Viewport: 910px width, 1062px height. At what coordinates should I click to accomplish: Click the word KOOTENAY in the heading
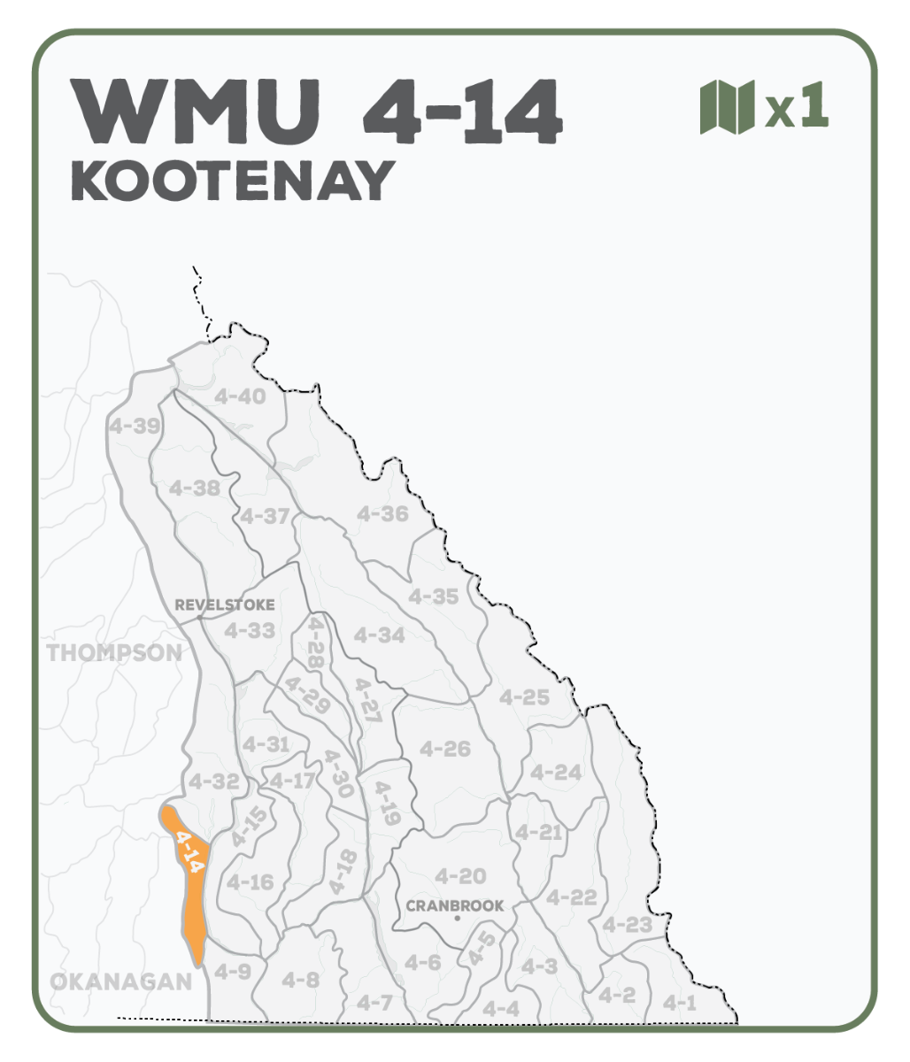(232, 181)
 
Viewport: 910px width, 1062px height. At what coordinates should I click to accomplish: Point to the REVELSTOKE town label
(225, 605)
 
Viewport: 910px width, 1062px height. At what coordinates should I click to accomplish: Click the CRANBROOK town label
(455, 905)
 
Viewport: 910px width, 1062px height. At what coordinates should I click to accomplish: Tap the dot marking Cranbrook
(457, 919)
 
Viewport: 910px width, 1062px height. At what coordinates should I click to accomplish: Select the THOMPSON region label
(114, 653)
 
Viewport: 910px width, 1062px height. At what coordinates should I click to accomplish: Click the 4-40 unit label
(240, 396)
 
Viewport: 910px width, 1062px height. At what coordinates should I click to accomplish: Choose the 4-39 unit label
(135, 426)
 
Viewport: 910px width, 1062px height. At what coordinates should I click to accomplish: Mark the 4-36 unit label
(382, 513)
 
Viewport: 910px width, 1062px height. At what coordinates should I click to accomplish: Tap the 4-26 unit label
(445, 749)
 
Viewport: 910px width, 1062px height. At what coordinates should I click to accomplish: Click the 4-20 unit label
(460, 876)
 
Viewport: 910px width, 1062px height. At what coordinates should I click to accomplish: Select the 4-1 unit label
(680, 1003)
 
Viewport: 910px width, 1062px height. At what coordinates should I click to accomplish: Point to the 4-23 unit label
(627, 925)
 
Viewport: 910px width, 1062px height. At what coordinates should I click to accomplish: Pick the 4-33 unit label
(250, 631)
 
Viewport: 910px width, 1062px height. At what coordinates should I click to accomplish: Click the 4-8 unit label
(300, 980)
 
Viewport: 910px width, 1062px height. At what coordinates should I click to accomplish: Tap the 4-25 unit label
(524, 696)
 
